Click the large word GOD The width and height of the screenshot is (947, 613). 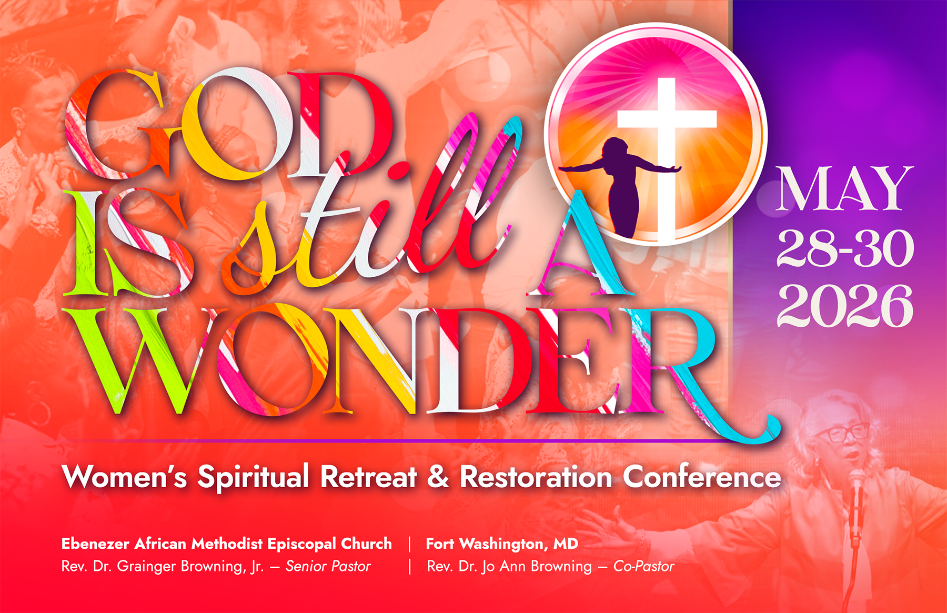coord(226,126)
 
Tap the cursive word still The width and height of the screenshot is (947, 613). coord(368,210)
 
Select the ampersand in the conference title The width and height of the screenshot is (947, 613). coord(438,476)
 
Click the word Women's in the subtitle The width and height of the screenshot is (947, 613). coord(124,476)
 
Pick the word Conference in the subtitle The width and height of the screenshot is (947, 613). coord(702,476)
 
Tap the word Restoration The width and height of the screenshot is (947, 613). coord(536,476)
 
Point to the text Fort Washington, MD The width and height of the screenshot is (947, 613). coord(502,544)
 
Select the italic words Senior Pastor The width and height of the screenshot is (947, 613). coord(328,566)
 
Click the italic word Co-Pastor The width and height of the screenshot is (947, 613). coord(643,566)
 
